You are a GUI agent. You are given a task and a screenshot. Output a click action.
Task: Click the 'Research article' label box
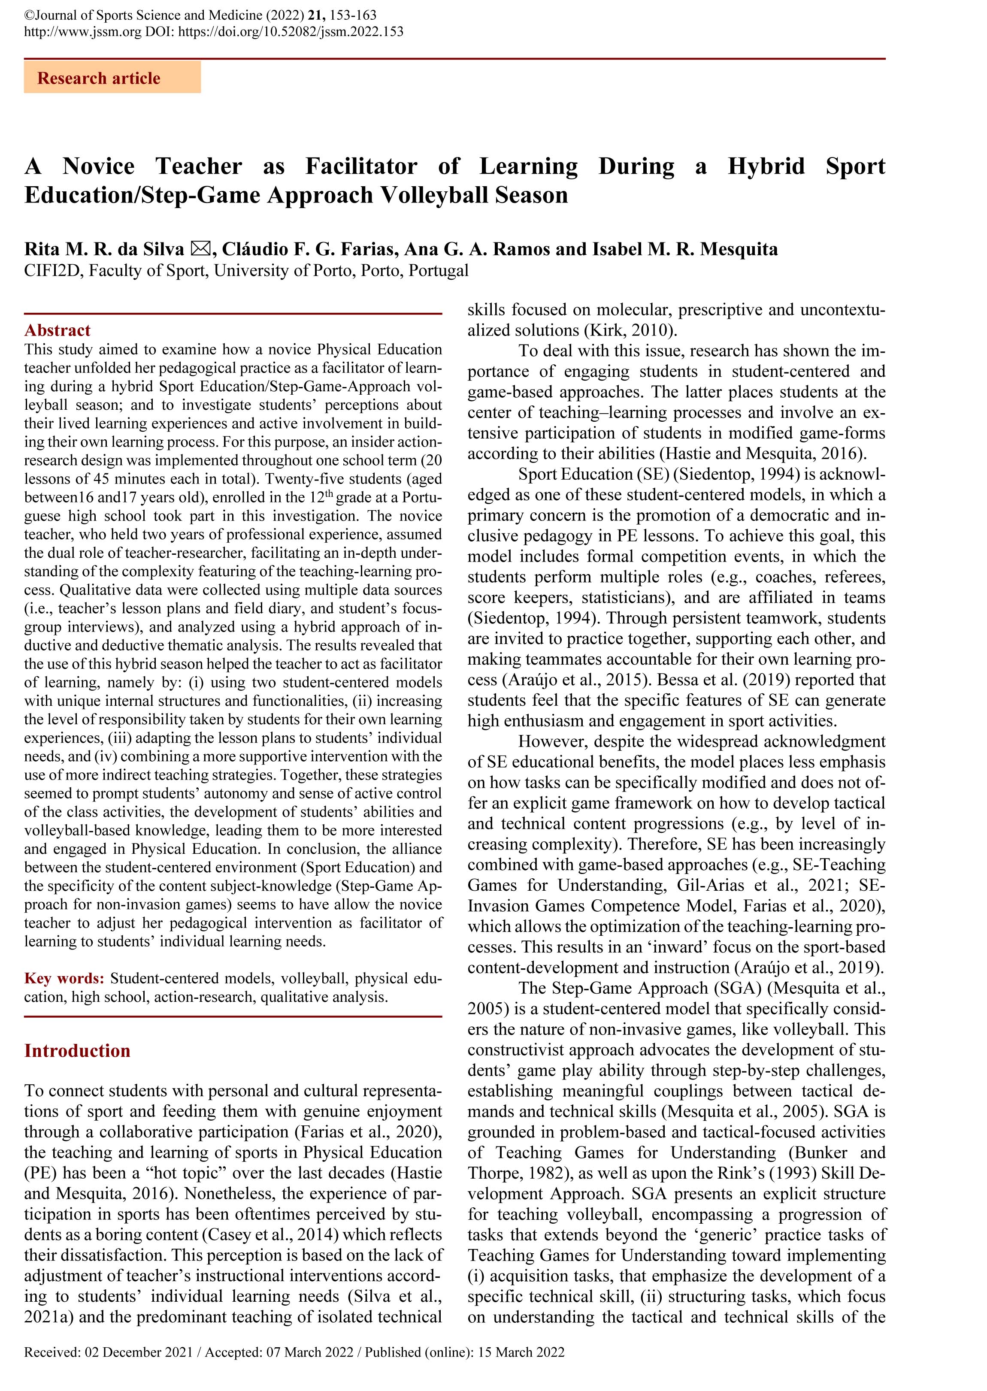(112, 78)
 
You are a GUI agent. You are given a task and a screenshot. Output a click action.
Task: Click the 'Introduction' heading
(77, 1051)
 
